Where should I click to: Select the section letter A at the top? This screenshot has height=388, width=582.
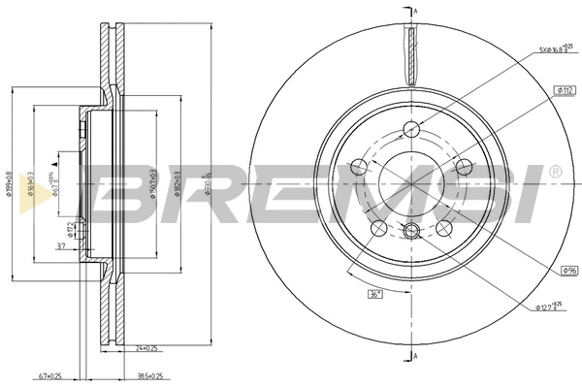coord(415,11)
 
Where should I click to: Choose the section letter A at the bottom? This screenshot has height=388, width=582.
coord(415,357)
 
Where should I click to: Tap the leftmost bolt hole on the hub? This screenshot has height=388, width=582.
coord(357,168)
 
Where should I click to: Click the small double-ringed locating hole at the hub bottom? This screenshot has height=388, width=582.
coord(411,230)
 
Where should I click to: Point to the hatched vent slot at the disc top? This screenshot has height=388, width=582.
coord(412,56)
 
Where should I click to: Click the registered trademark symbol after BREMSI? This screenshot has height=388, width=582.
coord(554,172)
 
